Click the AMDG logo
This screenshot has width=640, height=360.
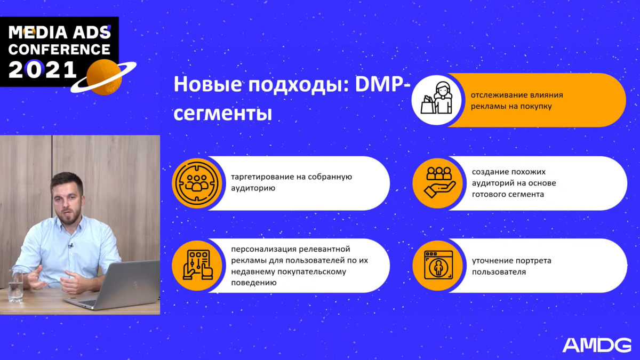(597, 345)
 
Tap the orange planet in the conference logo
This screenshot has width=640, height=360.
(104, 77)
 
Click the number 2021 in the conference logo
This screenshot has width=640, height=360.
(43, 70)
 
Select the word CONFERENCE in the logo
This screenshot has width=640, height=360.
(59, 49)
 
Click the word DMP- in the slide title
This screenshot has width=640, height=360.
(382, 85)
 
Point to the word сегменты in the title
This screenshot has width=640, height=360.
(222, 114)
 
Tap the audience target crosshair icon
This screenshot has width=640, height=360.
(197, 183)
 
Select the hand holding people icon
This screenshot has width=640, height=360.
(439, 182)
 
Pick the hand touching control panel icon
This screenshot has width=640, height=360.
(198, 265)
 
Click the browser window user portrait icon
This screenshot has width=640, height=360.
(438, 265)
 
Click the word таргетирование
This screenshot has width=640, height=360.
(262, 177)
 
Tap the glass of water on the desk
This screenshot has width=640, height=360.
(15, 285)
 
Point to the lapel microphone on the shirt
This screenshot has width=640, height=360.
(70, 245)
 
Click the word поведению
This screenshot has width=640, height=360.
(250, 283)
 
